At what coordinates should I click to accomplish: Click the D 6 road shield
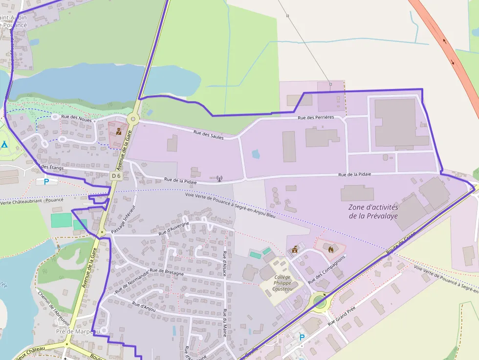(116, 175)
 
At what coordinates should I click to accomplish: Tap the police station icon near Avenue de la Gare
(119, 131)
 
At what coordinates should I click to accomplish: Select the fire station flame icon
(331, 249)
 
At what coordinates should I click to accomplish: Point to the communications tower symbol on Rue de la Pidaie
(219, 179)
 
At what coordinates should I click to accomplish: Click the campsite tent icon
(4, 145)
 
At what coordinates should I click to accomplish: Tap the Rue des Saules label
(209, 135)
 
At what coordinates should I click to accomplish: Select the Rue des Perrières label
(316, 118)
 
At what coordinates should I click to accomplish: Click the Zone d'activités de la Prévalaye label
(373, 212)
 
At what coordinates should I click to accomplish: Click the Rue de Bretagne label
(167, 272)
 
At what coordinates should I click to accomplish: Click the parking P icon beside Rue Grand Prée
(302, 337)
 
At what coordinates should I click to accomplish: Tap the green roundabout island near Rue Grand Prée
(320, 301)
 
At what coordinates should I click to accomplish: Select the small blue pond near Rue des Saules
(255, 154)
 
